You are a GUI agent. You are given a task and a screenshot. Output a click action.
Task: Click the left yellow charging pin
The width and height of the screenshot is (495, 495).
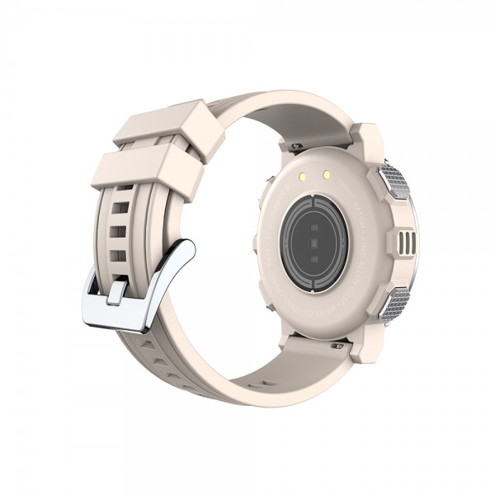click(x=301, y=176)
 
